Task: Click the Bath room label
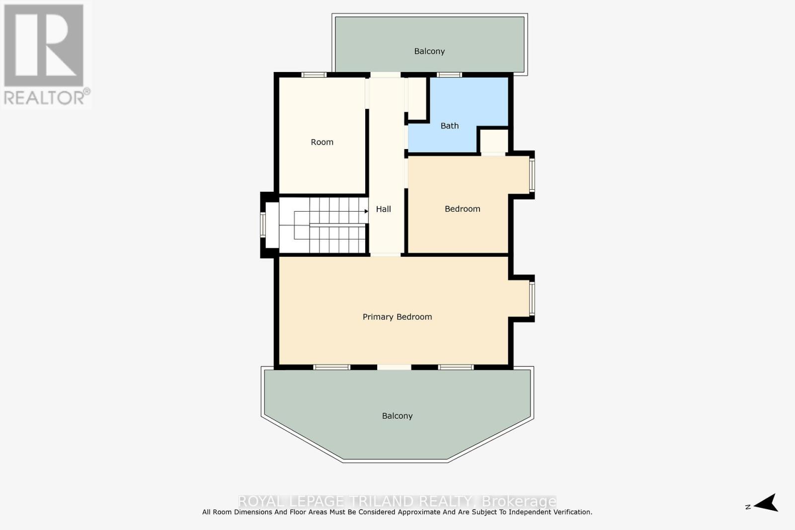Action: pyautogui.click(x=449, y=126)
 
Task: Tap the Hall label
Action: pyautogui.click(x=383, y=209)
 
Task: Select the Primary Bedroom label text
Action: pyautogui.click(x=397, y=317)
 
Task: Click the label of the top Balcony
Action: pyautogui.click(x=429, y=51)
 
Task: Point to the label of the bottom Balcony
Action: pyautogui.click(x=397, y=416)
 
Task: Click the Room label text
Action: pyautogui.click(x=322, y=142)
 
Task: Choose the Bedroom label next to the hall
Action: pyautogui.click(x=462, y=209)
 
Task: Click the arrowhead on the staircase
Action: pyautogui.click(x=366, y=211)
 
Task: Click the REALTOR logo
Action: pyautogui.click(x=45, y=55)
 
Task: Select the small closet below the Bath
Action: pyautogui.click(x=493, y=141)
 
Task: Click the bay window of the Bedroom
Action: pyautogui.click(x=532, y=175)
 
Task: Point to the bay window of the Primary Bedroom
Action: pyautogui.click(x=532, y=299)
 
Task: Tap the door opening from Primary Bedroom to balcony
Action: pyautogui.click(x=394, y=368)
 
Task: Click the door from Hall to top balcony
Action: pyautogui.click(x=385, y=75)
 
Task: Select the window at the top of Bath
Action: pyautogui.click(x=449, y=75)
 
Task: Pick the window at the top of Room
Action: pyautogui.click(x=314, y=75)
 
